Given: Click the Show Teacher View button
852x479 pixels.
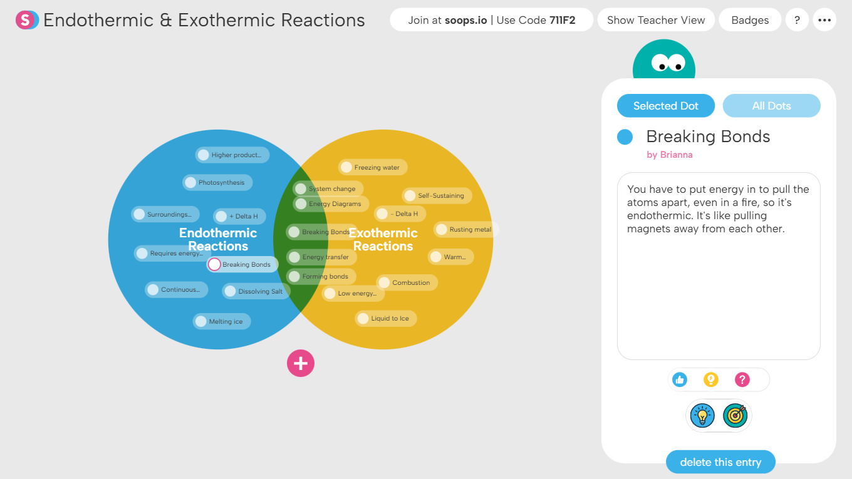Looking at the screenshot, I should click(x=656, y=20).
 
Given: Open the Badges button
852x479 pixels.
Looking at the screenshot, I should click(x=750, y=20).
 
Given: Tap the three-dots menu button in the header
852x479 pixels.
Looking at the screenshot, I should click(x=824, y=20).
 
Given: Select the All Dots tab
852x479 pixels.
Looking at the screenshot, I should click(x=771, y=106).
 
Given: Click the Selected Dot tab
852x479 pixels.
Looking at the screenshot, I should click(x=665, y=106).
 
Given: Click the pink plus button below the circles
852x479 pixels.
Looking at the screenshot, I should click(x=301, y=363).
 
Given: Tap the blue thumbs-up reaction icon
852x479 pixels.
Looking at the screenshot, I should click(x=679, y=379).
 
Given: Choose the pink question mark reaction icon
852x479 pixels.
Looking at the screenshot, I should click(x=742, y=379).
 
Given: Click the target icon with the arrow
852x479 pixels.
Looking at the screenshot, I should click(x=735, y=415).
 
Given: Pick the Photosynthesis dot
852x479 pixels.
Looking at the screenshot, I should click(x=190, y=183).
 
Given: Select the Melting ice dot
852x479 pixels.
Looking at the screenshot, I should click(x=200, y=322).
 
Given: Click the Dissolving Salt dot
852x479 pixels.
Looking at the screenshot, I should click(x=230, y=291).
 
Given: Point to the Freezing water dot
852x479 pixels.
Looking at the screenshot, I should click(x=346, y=167).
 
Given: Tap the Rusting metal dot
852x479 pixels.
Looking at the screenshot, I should click(x=441, y=230).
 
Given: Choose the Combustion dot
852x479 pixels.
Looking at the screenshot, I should click(x=384, y=283).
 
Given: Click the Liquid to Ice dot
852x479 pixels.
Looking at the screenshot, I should click(x=363, y=319).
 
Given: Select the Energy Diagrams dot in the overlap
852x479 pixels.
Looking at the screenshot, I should click(x=301, y=204).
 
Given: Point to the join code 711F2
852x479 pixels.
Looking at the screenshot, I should click(x=562, y=20).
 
